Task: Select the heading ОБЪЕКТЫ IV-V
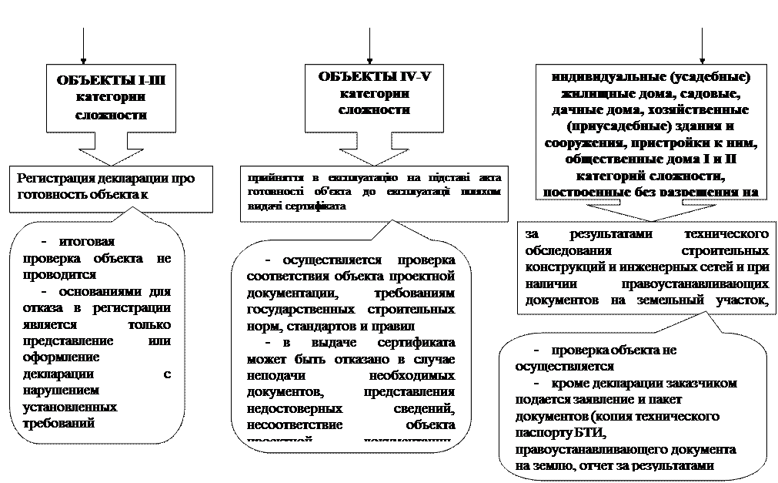pos(374,75)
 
